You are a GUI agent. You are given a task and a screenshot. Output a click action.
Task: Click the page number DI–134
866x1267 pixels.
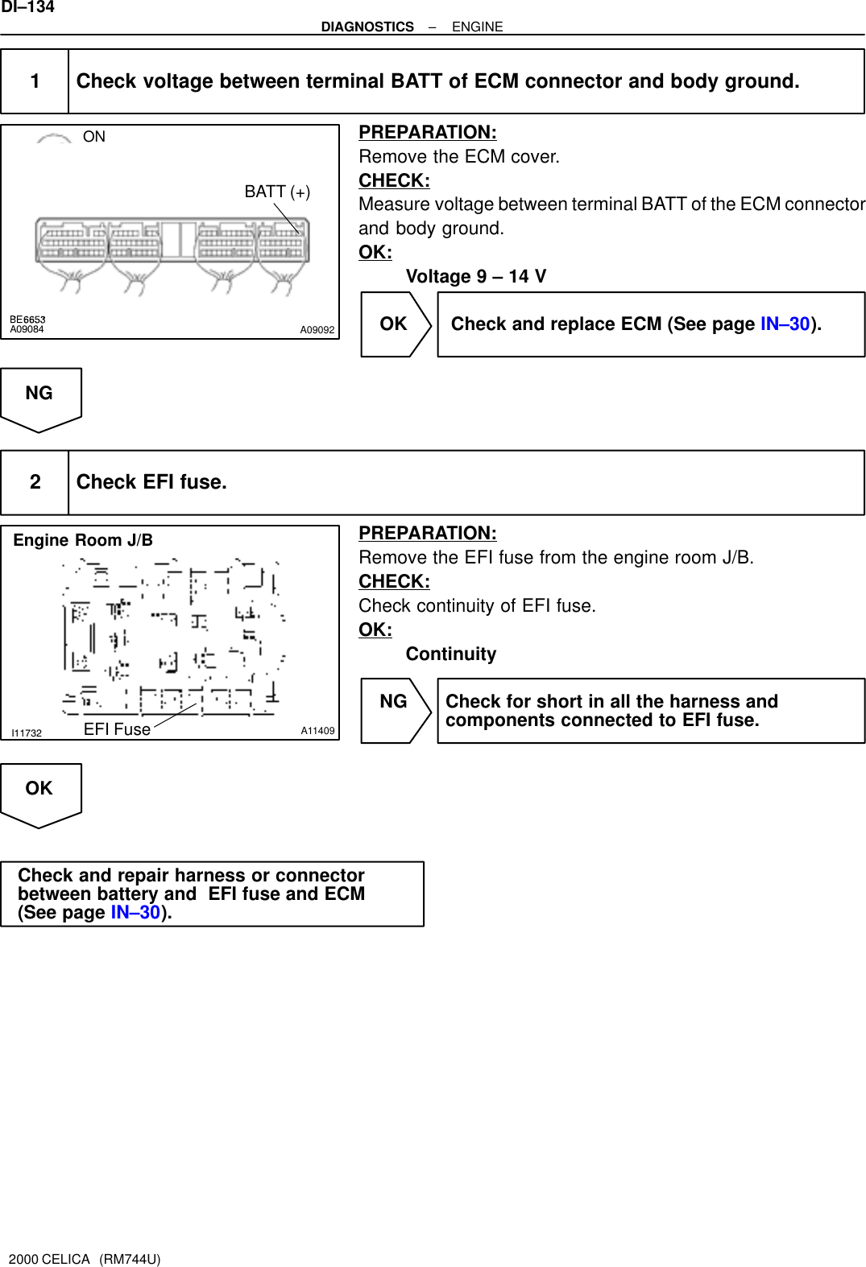27,7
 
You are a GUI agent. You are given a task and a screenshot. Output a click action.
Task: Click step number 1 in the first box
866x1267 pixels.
35,81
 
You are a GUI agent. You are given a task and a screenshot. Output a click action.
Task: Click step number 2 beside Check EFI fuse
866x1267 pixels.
35,482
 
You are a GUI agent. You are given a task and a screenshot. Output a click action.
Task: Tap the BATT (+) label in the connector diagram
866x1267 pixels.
277,192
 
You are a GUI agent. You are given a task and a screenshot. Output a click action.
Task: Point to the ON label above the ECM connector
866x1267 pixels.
93,137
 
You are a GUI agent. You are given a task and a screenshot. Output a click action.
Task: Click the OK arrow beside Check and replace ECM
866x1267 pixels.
395,324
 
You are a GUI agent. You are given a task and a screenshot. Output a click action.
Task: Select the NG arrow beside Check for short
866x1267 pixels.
395,702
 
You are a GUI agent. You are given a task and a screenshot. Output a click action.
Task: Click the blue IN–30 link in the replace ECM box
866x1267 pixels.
785,324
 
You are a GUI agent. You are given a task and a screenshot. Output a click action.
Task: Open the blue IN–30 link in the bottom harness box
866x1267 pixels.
135,913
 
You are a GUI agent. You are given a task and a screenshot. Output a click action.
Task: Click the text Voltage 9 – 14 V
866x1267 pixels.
475,277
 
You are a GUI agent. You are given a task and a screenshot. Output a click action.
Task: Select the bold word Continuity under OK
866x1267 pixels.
450,654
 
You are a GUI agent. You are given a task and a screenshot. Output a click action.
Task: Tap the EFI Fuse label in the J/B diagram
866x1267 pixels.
117,729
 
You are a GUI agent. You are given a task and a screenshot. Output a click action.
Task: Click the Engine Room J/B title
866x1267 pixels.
83,540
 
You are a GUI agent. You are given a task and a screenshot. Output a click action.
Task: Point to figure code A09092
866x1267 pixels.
317,330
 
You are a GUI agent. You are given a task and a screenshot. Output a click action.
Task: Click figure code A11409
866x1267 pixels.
317,731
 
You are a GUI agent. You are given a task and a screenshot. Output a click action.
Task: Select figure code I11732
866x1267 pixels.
27,733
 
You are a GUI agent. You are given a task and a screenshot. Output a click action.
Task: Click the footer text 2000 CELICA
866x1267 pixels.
49,1259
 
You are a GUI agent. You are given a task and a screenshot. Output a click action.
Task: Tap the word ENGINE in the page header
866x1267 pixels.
477,27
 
